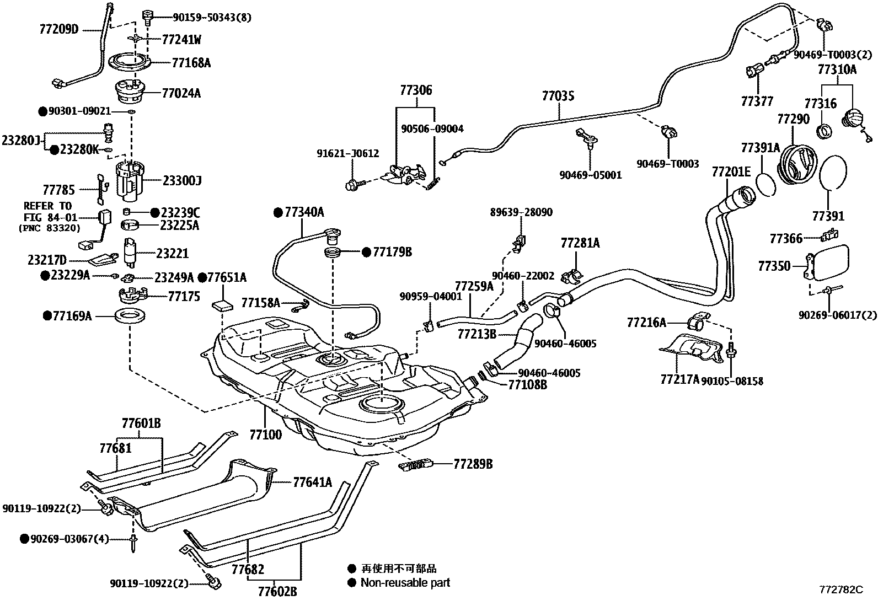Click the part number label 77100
(x=265, y=435)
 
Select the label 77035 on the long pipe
(x=558, y=97)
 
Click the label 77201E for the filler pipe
(x=731, y=171)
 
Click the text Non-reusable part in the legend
(x=405, y=582)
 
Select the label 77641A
(x=312, y=482)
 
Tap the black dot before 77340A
(x=279, y=212)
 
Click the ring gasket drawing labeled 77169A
(x=130, y=317)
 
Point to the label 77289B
(x=473, y=464)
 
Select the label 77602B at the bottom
(x=277, y=592)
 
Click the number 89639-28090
(x=521, y=212)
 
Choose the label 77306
(x=416, y=90)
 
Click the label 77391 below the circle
(x=828, y=216)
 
